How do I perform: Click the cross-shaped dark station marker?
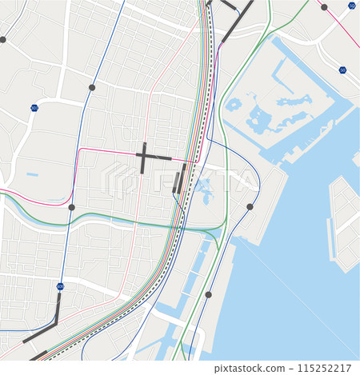tap(143, 158)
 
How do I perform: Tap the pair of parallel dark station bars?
tap(179, 179)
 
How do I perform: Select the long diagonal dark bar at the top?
tap(237, 22)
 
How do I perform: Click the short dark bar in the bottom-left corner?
tap(38, 355)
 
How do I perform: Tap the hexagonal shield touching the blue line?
tap(61, 285)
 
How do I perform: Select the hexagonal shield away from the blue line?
tap(34, 107)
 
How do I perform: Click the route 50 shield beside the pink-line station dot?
tap(352, 6)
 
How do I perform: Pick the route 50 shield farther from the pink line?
tap(342, 70)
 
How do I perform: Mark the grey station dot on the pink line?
tap(324, 7)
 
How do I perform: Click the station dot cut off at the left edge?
tap(2, 39)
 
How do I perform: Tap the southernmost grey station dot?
tap(209, 294)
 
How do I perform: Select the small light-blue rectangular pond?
tap(32, 174)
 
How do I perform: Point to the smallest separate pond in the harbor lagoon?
tap(233, 104)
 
